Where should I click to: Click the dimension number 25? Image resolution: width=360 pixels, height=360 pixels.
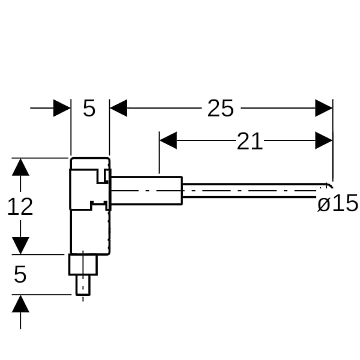(x=220, y=108)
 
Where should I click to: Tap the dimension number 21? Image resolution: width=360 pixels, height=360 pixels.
(x=250, y=141)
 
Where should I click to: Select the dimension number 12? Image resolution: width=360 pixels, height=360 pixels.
(x=20, y=206)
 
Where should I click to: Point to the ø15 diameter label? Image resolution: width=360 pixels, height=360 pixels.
(x=337, y=203)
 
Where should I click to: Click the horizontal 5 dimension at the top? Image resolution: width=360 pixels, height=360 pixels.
(x=89, y=108)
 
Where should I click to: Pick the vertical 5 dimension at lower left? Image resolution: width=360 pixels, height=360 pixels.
(x=20, y=274)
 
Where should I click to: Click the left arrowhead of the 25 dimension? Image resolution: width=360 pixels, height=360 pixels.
(x=118, y=108)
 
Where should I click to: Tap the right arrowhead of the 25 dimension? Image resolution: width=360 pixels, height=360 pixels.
(x=324, y=108)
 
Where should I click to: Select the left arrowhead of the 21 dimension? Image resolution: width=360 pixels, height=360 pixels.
(x=168, y=140)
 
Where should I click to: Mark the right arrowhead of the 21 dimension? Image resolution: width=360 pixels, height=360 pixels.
(x=324, y=140)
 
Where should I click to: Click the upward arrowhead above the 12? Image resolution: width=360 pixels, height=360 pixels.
(x=20, y=167)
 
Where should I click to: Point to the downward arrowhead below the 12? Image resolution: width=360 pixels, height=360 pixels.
(x=20, y=245)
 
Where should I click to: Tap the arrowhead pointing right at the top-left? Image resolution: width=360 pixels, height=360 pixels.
(x=62, y=108)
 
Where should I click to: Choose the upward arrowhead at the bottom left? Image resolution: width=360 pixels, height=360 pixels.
(x=20, y=304)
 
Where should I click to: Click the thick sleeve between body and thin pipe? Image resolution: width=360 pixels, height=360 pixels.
(x=147, y=190)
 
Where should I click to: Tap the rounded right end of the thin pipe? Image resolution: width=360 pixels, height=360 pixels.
(x=329, y=185)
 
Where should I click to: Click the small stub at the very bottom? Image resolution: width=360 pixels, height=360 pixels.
(x=83, y=285)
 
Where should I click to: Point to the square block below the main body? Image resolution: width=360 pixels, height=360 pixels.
(x=83, y=264)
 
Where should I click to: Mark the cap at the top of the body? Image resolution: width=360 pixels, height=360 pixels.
(x=90, y=163)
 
